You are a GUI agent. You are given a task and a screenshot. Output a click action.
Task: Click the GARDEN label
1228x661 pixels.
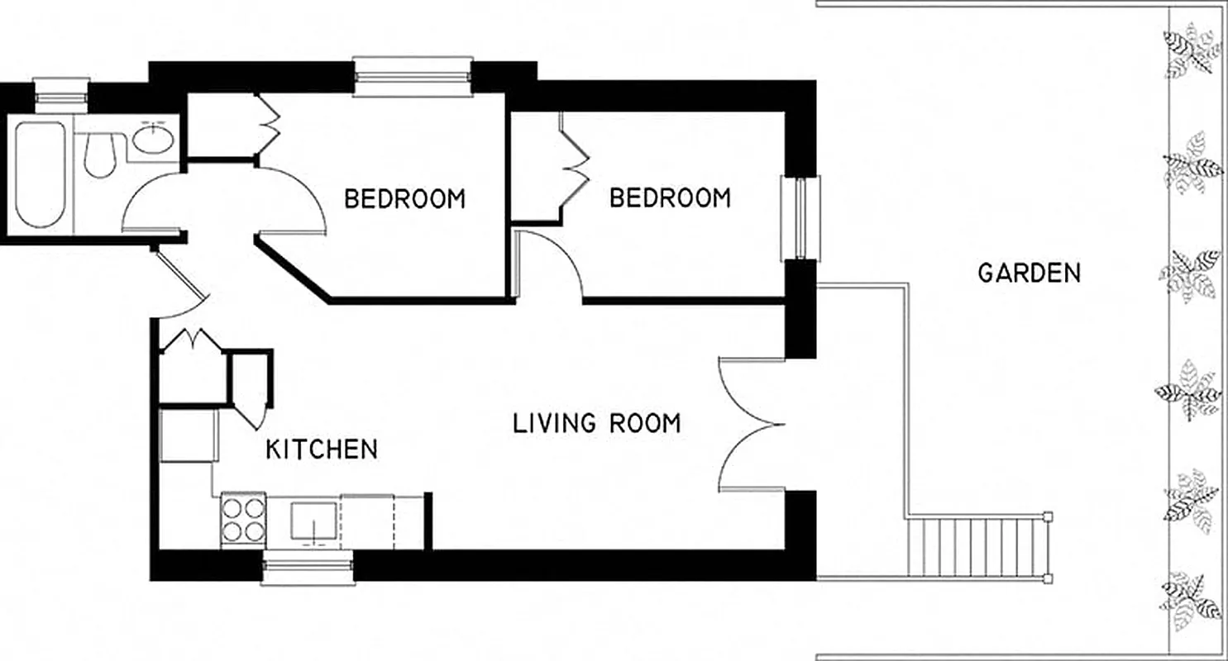[x=1029, y=273]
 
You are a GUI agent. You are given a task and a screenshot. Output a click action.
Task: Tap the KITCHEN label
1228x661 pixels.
[x=322, y=449]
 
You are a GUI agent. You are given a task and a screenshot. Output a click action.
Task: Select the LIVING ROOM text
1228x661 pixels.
[x=597, y=423]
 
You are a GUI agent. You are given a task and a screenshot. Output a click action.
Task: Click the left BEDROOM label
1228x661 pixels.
[x=404, y=199]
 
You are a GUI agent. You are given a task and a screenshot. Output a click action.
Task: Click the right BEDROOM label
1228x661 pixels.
[x=670, y=198]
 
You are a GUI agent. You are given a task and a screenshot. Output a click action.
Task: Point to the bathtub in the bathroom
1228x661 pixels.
[x=39, y=175]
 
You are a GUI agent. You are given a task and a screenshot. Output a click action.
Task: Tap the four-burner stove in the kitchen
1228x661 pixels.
[x=243, y=519]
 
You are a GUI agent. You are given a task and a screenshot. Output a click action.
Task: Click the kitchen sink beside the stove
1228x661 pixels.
[x=314, y=522]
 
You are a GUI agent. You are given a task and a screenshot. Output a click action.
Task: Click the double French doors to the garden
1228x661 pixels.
[x=751, y=426]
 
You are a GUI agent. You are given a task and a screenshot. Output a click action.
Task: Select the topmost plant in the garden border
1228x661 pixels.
[x=1192, y=51]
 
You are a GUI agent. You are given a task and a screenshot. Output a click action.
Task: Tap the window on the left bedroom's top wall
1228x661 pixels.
[x=412, y=76]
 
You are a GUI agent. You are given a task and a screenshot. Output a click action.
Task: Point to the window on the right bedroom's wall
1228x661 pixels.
[x=801, y=218]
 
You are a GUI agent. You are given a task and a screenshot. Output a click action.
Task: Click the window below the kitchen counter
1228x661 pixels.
[x=308, y=568]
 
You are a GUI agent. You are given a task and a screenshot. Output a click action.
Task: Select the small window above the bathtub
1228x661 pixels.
[x=61, y=91]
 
